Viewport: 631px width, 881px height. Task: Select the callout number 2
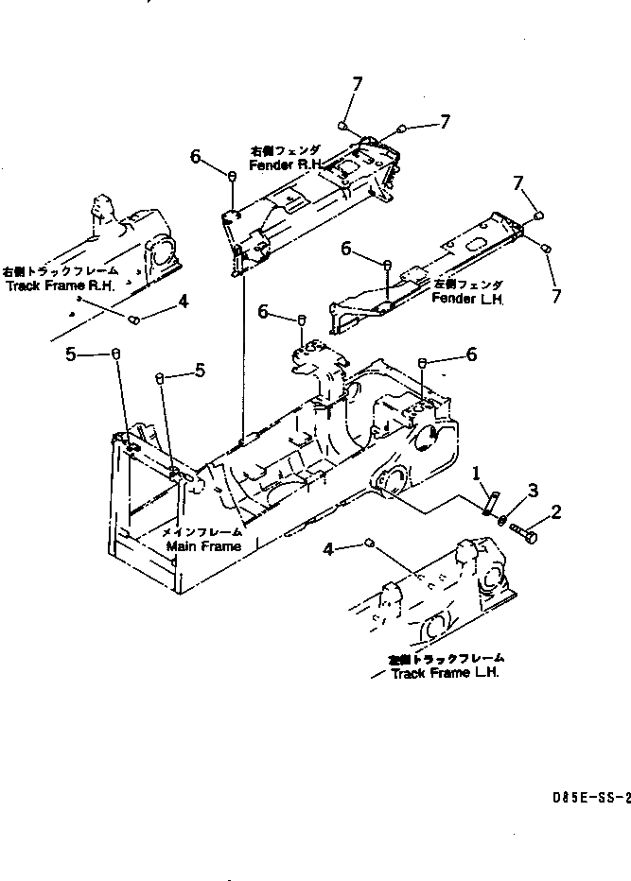click(x=556, y=513)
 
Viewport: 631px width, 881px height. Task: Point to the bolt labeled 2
click(x=526, y=536)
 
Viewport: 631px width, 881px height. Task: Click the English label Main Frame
click(x=202, y=546)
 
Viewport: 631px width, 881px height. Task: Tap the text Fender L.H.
click(x=467, y=299)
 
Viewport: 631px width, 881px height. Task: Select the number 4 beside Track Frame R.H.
click(x=183, y=302)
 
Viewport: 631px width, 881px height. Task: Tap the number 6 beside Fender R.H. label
click(x=195, y=158)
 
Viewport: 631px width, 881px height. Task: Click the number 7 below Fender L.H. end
click(x=556, y=296)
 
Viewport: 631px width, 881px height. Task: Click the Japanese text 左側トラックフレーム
click(x=445, y=658)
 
